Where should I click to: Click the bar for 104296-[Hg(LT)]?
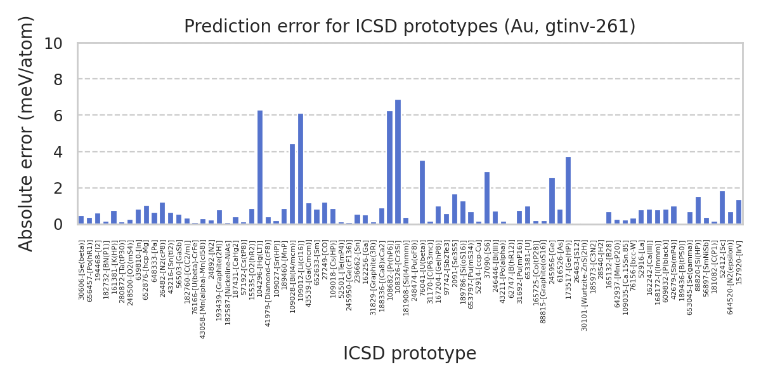[260, 168]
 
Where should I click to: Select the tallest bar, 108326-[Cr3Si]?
[398, 162]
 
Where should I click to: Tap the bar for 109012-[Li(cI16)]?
[301, 169]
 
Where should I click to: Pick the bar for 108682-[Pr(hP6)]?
[389, 168]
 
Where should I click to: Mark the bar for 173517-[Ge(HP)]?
[568, 190]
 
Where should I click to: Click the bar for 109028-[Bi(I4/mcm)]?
[292, 184]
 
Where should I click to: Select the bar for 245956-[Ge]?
[552, 201]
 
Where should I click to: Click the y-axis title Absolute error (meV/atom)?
[26, 133]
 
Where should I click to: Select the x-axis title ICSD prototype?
[410, 354]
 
